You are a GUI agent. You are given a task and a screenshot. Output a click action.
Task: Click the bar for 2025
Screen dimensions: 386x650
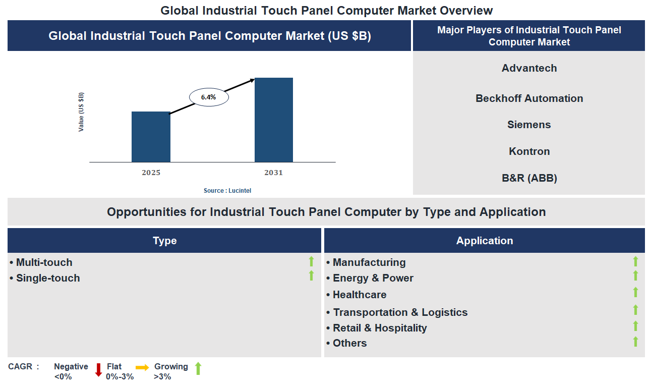click(x=151, y=137)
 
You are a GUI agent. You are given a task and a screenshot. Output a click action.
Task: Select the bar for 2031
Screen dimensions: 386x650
click(x=273, y=120)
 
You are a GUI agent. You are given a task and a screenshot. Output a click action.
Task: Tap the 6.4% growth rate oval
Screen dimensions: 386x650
click(x=209, y=97)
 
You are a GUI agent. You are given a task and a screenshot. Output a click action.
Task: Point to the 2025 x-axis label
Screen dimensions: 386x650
click(x=151, y=173)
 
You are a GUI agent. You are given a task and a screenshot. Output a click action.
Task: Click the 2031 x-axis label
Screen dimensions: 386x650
click(x=273, y=173)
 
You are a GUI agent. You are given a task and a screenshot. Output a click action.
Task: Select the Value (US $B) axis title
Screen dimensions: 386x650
click(x=81, y=112)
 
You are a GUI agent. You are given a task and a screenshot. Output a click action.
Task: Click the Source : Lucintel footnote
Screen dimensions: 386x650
click(x=227, y=191)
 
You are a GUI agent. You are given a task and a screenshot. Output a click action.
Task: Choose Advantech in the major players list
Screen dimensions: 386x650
click(x=529, y=68)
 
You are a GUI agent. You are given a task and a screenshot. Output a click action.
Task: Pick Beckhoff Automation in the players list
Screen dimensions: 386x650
click(x=529, y=98)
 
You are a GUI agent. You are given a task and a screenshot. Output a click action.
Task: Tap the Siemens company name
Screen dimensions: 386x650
click(x=529, y=125)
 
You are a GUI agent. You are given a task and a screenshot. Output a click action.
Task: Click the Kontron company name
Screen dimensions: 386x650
click(x=529, y=151)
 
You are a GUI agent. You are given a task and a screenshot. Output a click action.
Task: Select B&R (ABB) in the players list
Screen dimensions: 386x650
click(x=529, y=178)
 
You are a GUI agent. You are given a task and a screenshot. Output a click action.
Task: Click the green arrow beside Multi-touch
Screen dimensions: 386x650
click(x=311, y=261)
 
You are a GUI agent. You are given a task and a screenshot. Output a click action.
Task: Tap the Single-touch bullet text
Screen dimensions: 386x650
click(x=47, y=278)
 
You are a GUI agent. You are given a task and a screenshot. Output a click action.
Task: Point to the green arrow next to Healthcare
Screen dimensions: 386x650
click(x=635, y=292)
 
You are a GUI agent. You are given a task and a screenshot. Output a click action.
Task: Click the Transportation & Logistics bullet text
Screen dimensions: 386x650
click(x=400, y=312)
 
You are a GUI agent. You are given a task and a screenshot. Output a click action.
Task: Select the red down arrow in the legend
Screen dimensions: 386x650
click(x=98, y=370)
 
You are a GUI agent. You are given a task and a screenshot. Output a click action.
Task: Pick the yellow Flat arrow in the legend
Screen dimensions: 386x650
click(x=142, y=367)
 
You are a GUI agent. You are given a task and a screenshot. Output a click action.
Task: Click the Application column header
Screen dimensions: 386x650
click(x=484, y=241)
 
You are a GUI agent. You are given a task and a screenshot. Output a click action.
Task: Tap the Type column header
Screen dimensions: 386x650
click(x=164, y=241)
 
